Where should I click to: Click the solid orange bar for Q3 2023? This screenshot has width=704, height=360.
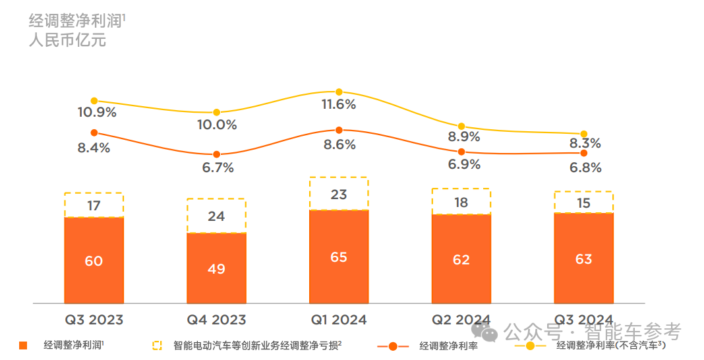pos(94,260)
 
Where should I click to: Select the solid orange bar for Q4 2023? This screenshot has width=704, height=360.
pos(216,268)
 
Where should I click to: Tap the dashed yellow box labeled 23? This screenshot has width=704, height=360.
pos(339,194)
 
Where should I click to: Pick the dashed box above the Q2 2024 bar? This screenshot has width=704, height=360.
pos(461,202)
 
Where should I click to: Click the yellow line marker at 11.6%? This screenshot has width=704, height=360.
pos(339,92)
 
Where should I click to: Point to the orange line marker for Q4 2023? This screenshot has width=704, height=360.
pos(216,154)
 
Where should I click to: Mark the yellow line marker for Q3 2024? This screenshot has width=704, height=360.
pos(584,135)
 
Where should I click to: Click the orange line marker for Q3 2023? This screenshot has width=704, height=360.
pos(94,133)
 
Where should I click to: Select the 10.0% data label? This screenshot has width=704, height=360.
pos(216,125)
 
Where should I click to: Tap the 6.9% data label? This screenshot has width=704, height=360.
pos(464,164)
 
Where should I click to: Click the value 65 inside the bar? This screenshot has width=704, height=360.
pos(339,257)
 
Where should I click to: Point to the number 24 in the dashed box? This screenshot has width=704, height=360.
pos(216,216)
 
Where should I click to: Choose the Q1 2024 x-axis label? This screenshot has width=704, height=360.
pos(339,320)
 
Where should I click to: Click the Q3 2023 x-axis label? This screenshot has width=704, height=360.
pos(94,320)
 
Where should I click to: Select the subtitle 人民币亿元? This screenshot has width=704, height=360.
pos(67,40)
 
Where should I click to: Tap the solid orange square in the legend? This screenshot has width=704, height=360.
pos(24,345)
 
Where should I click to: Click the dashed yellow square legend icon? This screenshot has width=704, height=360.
pos(157,345)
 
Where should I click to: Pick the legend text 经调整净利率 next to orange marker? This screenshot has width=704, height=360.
pos(448,345)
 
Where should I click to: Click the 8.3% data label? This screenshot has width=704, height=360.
pos(586,144)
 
